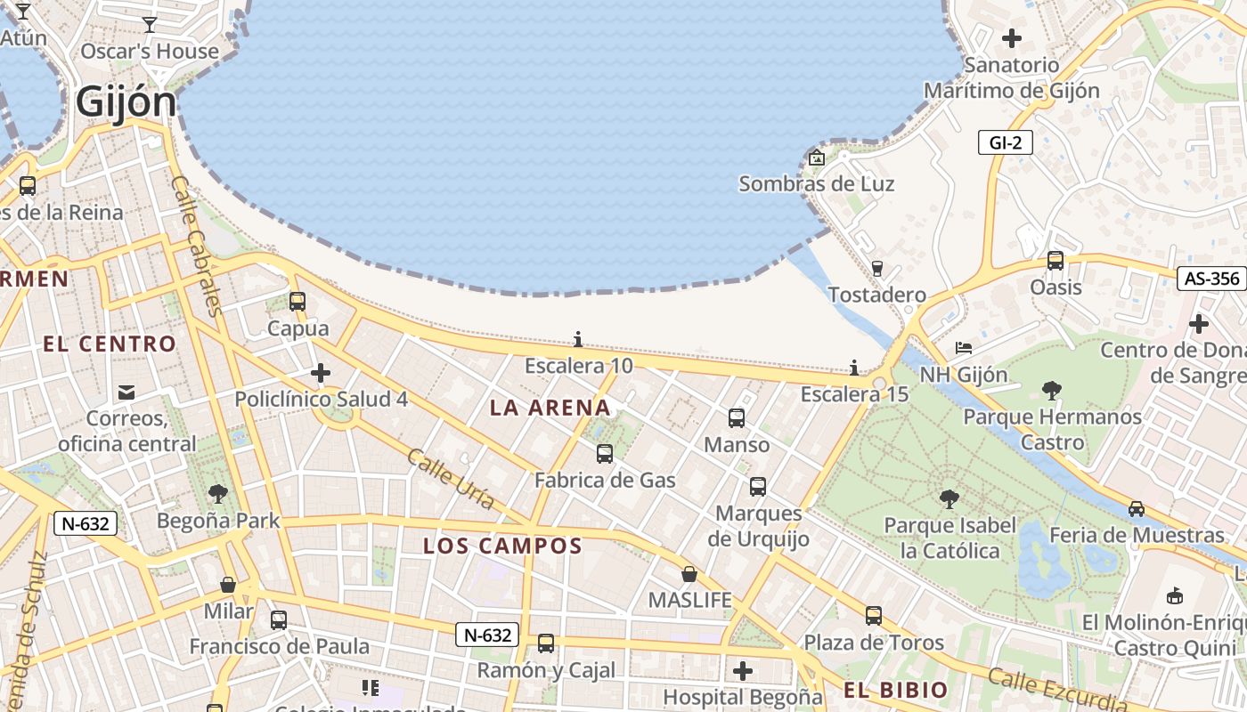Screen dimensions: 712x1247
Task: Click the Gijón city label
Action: [126, 101]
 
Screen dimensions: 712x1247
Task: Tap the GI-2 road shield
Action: [1005, 142]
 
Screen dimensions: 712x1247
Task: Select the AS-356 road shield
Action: [1211, 279]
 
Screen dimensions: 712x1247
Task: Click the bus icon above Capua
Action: [297, 302]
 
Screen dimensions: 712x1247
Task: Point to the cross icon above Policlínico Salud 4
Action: [321, 373]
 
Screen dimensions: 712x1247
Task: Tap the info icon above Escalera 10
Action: [578, 339]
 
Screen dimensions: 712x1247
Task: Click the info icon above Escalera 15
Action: [854, 368]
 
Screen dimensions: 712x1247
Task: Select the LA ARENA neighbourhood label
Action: [550, 408]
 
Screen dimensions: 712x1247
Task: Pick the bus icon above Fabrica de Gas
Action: [605, 454]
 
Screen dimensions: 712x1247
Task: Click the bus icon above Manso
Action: [737, 417]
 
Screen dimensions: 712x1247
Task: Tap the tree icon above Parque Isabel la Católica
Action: [950, 498]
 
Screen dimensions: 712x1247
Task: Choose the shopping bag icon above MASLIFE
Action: [689, 574]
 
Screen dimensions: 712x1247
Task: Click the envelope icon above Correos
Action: [126, 392]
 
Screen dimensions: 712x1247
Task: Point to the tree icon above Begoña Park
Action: [218, 494]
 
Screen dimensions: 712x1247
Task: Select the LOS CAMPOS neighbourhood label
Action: [502, 546]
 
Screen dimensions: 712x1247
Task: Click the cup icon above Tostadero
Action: [876, 268]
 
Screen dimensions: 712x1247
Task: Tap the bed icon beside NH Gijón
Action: [964, 348]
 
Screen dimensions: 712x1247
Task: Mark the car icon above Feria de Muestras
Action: [1137, 509]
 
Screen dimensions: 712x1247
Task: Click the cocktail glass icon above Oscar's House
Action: [150, 25]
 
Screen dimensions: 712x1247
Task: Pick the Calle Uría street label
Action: [451, 479]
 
